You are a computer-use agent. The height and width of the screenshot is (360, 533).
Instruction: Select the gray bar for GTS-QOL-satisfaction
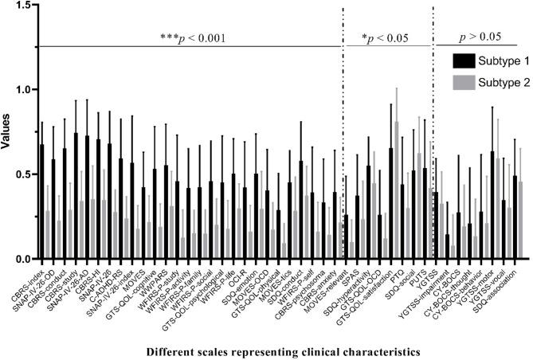pyautogui.click(x=397, y=191)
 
